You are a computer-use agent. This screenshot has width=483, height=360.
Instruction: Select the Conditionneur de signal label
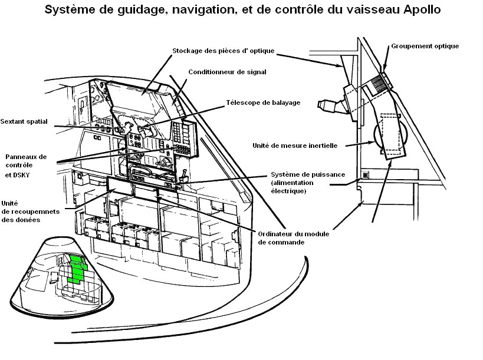227,72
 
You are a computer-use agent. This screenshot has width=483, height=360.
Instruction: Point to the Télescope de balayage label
263,103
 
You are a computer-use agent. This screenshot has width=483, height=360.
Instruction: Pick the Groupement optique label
424,46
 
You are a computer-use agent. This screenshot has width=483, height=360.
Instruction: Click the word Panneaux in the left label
25,157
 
